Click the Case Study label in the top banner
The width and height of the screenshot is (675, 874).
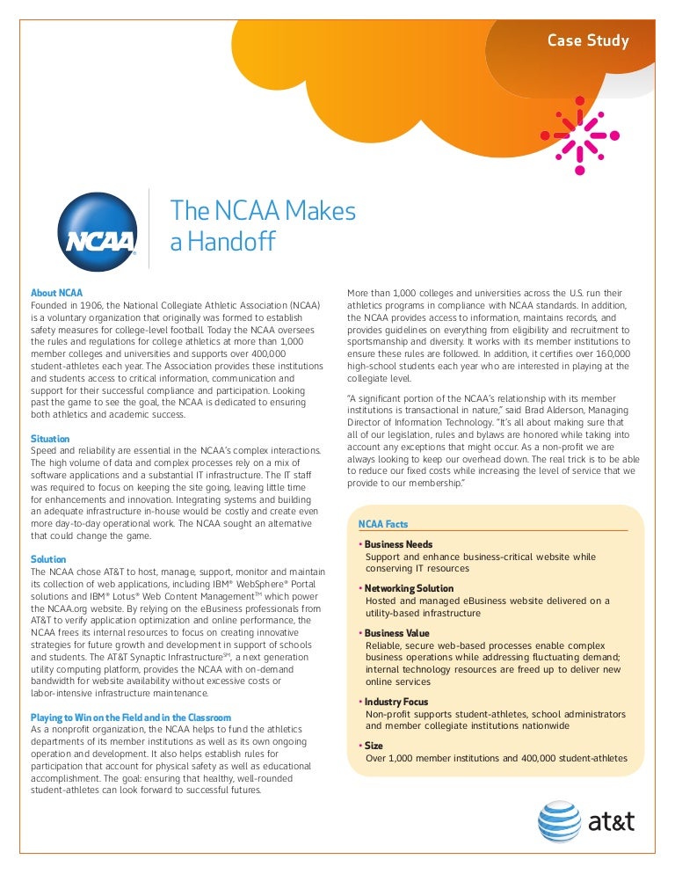[588, 40]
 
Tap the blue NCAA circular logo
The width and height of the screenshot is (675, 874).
[98, 229]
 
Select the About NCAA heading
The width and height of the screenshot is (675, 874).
[57, 293]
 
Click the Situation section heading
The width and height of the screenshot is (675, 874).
[50, 439]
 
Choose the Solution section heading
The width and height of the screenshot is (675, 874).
[48, 559]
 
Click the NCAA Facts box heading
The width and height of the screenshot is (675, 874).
[383, 524]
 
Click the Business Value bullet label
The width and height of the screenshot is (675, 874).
[398, 633]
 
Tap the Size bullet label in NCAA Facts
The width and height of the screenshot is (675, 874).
[374, 746]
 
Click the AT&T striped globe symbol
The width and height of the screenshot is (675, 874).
[559, 822]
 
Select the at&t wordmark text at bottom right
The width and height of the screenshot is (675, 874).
[611, 823]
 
